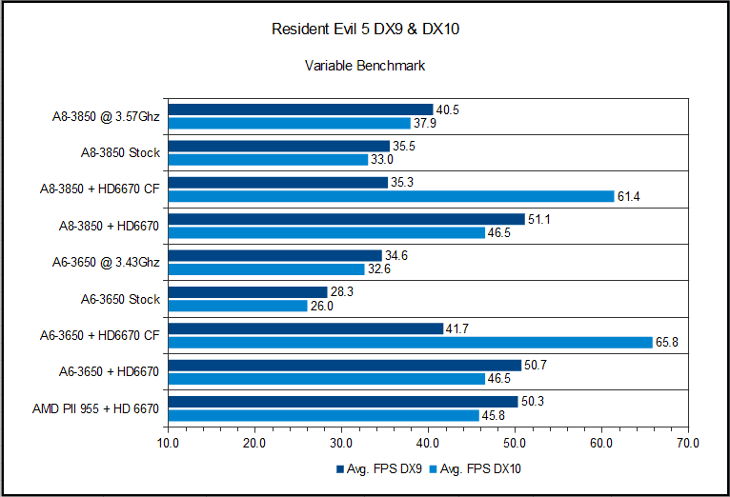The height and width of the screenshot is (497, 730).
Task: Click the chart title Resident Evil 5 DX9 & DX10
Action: [364, 30]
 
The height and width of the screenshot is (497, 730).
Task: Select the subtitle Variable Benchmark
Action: [364, 66]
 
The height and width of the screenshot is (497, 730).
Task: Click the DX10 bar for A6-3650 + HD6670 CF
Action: [410, 342]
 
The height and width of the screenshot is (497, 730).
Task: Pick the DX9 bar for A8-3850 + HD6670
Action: [346, 219]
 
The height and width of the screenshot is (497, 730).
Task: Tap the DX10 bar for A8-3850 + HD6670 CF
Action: [391, 196]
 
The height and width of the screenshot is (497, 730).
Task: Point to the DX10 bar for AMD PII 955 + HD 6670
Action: [323, 415]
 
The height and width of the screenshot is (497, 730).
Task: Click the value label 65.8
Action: [667, 342]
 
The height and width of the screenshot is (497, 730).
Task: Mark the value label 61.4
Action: [629, 196]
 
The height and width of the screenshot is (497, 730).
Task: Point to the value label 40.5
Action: [448, 109]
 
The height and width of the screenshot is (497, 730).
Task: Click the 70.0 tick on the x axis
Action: [687, 443]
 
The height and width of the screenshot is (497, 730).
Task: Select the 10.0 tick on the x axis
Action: [168, 443]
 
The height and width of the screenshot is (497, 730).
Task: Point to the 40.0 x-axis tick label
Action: [428, 443]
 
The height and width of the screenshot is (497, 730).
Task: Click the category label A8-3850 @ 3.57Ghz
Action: [106, 117]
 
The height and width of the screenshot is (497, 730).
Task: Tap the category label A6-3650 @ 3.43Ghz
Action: [106, 262]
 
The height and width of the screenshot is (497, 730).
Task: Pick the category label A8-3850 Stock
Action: [121, 152]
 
